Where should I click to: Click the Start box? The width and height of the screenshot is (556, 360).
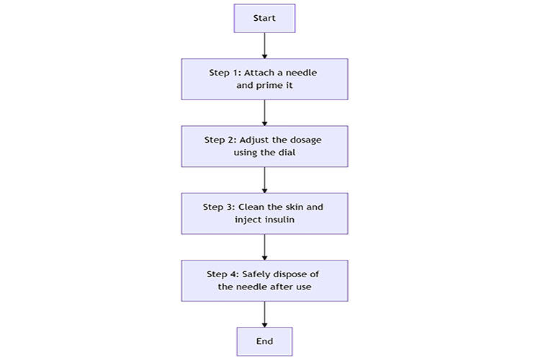(x=264, y=18)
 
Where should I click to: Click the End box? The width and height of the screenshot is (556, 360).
(x=264, y=341)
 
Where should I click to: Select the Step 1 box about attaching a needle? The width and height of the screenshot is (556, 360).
(x=264, y=79)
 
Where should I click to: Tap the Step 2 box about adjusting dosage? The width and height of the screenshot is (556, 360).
(x=264, y=146)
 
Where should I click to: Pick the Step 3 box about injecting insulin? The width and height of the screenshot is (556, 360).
(x=264, y=213)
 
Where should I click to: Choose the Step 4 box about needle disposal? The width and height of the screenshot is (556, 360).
(x=264, y=280)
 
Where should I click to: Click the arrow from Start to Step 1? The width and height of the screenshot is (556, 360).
(x=264, y=45)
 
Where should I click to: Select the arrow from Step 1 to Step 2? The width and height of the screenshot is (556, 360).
(x=264, y=112)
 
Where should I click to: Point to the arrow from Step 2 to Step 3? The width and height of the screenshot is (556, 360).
(x=264, y=179)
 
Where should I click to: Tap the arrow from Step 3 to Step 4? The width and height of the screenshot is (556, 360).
(x=264, y=246)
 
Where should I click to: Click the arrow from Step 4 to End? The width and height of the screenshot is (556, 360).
(x=264, y=313)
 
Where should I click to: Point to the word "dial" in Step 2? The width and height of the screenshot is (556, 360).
(x=286, y=153)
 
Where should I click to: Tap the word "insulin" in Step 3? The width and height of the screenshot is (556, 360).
(x=278, y=220)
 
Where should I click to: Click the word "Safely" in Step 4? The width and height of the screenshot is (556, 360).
(x=256, y=274)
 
